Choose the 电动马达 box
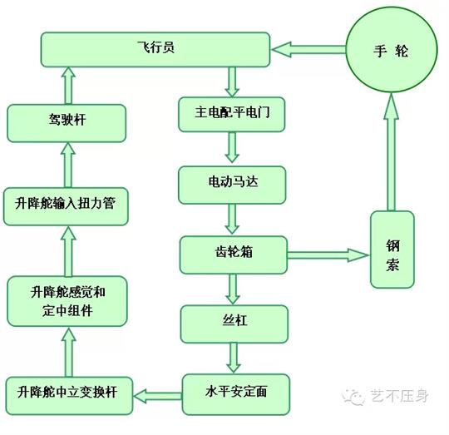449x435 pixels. click(233, 181)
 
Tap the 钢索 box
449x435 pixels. click(392, 250)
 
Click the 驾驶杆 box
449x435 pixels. click(67, 121)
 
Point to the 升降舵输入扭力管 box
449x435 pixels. click(67, 205)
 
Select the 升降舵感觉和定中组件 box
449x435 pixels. click(67, 301)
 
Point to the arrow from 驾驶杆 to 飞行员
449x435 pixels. click(67, 87)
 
